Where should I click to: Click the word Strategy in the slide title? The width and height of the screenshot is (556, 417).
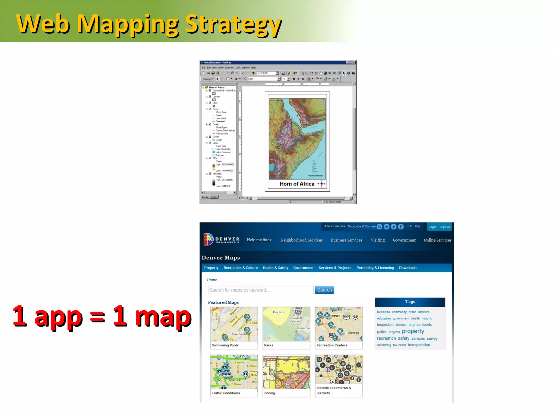pos(233,24)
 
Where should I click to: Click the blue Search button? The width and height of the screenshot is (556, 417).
pos(324,290)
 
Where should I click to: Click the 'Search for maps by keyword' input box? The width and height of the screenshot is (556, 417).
pos(260,290)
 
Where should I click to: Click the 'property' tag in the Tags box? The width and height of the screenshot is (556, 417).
pos(413,331)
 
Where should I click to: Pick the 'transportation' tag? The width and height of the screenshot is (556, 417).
pos(419,345)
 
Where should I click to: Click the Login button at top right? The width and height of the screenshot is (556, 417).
pos(432,227)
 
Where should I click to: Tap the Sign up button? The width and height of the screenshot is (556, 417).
pos(445,227)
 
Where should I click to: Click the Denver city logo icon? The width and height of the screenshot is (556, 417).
pos(208,239)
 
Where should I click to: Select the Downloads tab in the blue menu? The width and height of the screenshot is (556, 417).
pos(408,268)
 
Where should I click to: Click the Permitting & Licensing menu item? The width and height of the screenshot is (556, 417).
pos(375,268)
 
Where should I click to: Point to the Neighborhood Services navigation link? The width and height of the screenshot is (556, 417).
pos(301,240)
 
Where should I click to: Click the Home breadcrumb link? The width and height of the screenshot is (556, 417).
pos(212,280)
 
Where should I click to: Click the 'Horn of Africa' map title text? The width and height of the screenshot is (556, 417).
pos(297,184)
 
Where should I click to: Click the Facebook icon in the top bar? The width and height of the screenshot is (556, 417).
pos(401,227)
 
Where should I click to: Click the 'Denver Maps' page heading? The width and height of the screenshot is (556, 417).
pos(221,258)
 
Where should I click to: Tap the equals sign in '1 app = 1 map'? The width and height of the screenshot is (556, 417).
pos(97,317)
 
